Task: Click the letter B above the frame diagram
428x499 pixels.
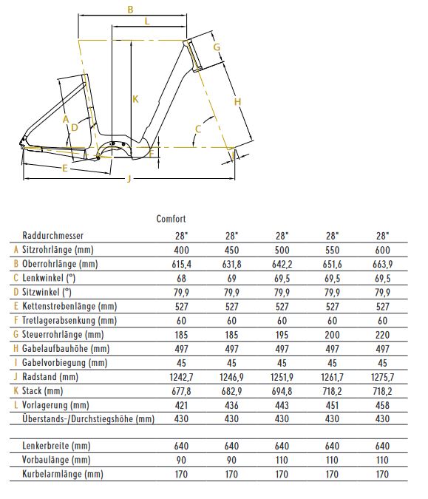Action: click(130, 10)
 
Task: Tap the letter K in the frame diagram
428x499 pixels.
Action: click(135, 99)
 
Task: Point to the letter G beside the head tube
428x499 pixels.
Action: click(217, 47)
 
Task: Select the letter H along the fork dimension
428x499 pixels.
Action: click(237, 102)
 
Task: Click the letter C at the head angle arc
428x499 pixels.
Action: click(198, 129)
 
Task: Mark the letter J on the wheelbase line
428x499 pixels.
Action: click(129, 179)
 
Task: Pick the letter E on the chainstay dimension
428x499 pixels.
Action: click(64, 168)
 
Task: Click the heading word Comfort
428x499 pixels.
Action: click(171, 219)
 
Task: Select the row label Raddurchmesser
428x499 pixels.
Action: click(52, 236)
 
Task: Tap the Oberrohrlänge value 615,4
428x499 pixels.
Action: click(181, 264)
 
